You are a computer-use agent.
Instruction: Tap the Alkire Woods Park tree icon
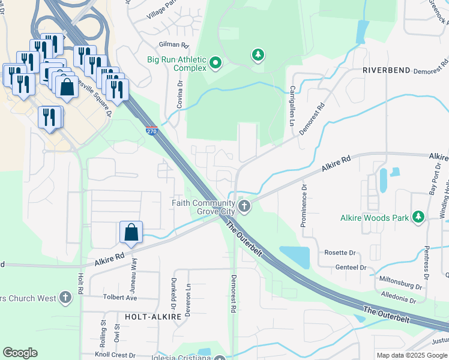point(418,218)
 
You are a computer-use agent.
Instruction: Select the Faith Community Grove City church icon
point(244,207)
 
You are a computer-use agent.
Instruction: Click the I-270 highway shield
point(152,130)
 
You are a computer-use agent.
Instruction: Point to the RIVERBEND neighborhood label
point(386,70)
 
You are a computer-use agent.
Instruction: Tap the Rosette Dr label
point(340,253)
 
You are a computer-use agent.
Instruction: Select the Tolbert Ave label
point(119,298)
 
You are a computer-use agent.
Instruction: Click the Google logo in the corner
point(20,353)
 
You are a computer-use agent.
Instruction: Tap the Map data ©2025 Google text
point(412,355)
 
